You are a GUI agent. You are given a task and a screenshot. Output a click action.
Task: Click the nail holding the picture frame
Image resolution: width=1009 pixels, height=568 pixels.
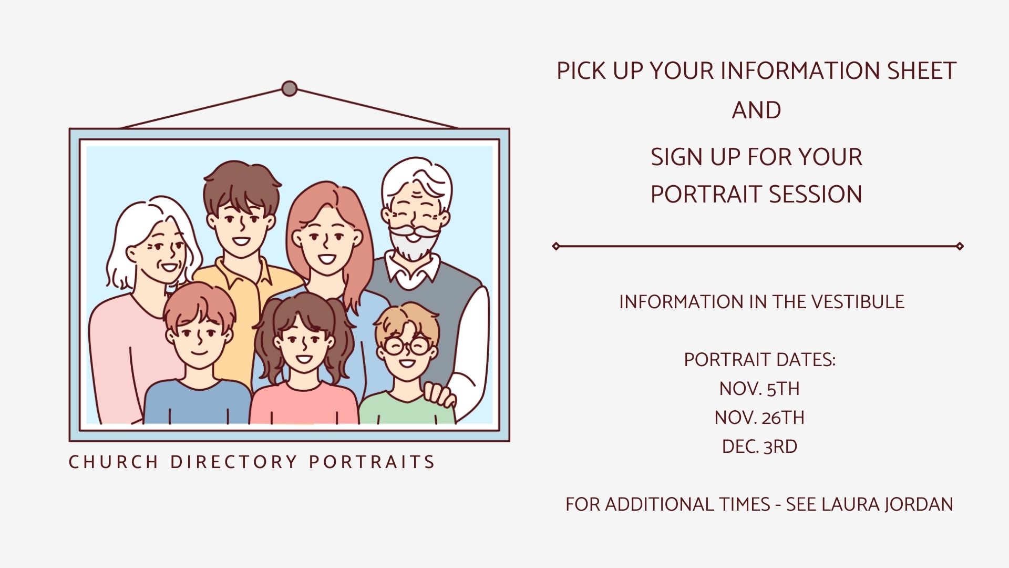click(x=289, y=88)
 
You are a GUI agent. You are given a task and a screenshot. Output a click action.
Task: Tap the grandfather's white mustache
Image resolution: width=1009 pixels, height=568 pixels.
click(x=415, y=231)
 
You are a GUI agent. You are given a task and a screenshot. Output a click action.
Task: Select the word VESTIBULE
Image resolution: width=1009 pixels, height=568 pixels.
click(x=858, y=302)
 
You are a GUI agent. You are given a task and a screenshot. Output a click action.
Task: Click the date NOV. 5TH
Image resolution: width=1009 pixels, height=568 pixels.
click(x=759, y=389)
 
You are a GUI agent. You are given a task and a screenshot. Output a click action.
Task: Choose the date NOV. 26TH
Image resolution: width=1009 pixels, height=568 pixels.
click(x=759, y=418)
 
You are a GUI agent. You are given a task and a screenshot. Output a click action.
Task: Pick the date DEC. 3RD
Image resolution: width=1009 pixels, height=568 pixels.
click(x=759, y=447)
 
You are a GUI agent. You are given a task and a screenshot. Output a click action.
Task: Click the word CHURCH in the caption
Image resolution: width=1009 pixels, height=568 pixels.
click(x=114, y=462)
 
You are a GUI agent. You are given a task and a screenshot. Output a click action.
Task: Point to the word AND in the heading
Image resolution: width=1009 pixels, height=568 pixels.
click(x=756, y=110)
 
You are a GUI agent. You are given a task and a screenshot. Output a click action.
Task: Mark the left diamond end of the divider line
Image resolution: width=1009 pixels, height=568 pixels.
click(x=556, y=246)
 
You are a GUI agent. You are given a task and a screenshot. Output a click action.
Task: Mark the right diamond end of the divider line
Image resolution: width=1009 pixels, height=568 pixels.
click(x=960, y=246)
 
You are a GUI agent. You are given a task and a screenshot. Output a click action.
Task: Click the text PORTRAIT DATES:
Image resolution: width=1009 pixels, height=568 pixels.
click(x=759, y=360)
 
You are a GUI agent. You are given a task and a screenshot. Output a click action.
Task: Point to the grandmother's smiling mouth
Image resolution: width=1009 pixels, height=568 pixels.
click(x=169, y=267)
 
